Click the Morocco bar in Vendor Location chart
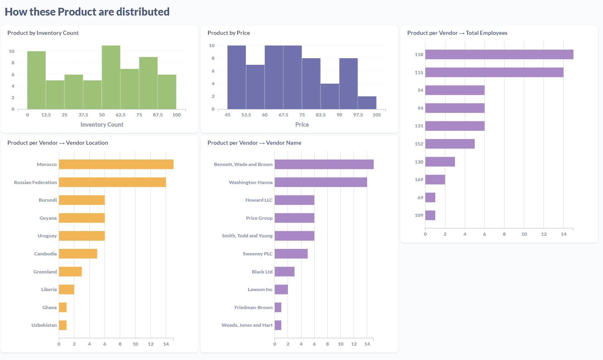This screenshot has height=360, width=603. [116, 164]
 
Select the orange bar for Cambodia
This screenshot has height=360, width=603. [78, 254]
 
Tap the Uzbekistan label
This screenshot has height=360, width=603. [44, 325]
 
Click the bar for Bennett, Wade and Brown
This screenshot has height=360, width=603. [324, 164]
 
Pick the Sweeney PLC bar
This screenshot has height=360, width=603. [291, 254]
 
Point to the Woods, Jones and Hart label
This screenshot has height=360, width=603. [247, 325]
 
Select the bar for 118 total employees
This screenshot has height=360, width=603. [499, 55]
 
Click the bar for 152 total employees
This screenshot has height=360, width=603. [450, 144]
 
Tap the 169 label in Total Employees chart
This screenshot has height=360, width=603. [419, 180]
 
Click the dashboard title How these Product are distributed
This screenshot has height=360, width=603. [87, 12]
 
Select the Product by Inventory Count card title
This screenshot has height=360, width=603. [43, 33]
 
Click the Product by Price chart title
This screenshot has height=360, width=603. [228, 33]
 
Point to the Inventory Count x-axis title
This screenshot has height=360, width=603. [102, 125]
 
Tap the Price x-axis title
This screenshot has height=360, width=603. [302, 125]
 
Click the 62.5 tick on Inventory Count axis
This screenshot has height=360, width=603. [121, 115]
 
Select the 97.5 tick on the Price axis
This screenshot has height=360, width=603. [358, 115]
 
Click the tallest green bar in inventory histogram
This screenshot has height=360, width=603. [111, 77]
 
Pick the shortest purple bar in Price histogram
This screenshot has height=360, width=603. [367, 103]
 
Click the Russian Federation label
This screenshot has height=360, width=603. [35, 182]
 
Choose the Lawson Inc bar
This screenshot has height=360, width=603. [281, 289]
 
